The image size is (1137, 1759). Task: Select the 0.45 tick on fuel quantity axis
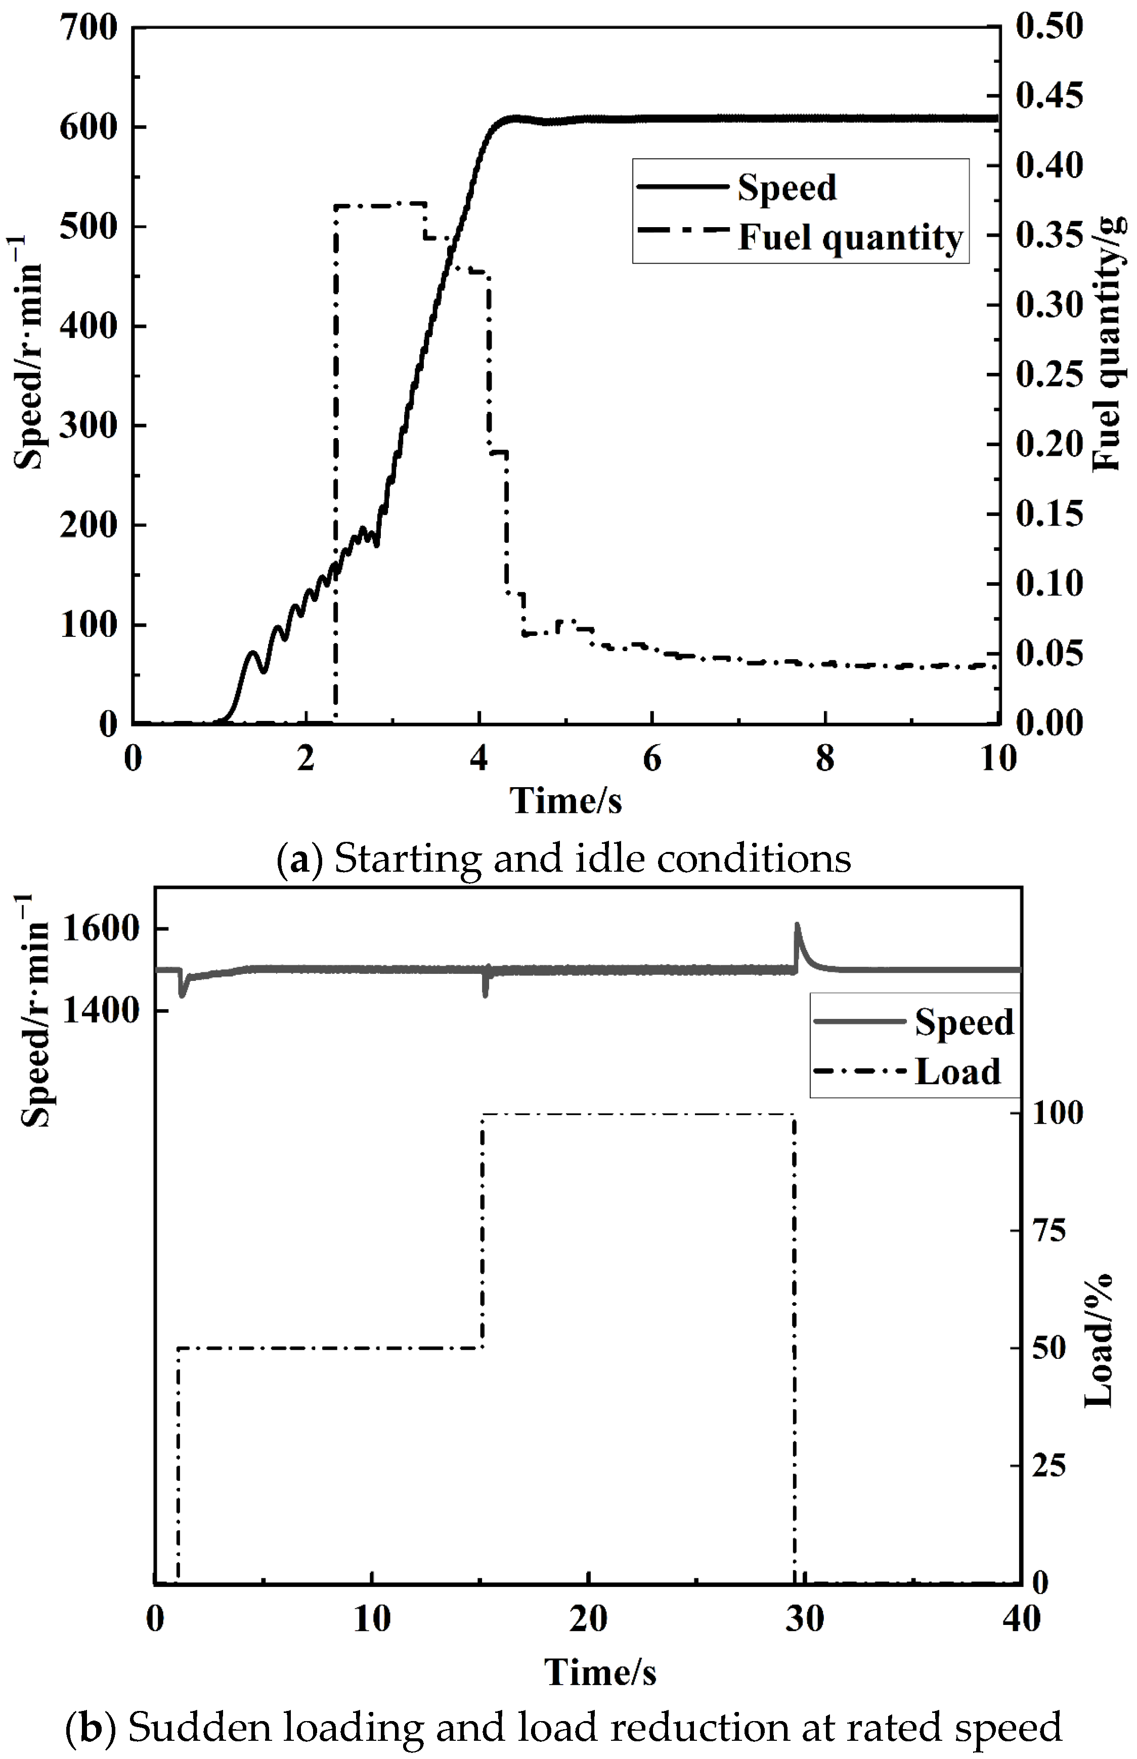1048,97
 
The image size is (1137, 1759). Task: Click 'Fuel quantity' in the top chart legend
850,238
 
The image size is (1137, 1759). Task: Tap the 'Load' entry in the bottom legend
957,1071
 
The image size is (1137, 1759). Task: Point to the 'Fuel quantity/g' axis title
1110,344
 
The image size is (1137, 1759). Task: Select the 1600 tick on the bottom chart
101,929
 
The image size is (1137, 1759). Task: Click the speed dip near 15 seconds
485,994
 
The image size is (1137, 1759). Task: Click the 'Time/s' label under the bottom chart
600,1672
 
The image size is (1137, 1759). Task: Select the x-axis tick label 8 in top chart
825,759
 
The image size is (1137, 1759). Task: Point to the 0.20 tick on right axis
1048,445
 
